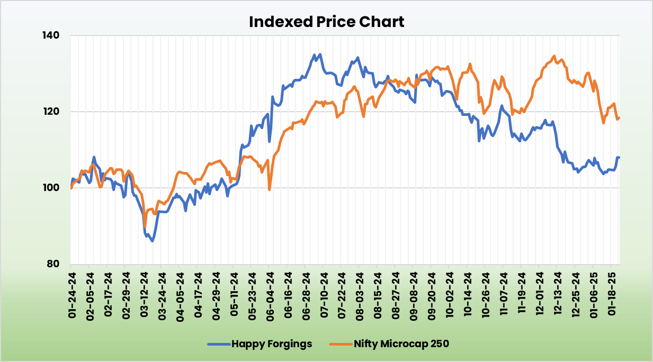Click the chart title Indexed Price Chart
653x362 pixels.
tap(326, 22)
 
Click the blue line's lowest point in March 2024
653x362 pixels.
tap(152, 241)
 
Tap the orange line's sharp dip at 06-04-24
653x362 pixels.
tap(270, 189)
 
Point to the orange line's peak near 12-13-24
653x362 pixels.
tap(554, 56)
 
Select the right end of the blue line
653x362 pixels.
tap(619, 157)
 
